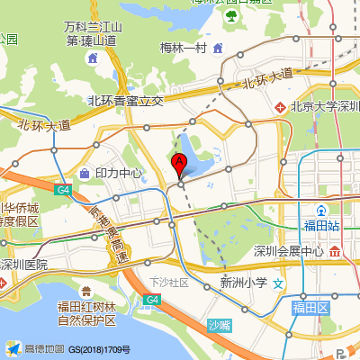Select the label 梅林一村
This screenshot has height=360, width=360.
click(x=184, y=48)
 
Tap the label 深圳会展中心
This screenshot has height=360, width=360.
click(x=288, y=250)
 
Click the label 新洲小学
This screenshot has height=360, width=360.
click(x=243, y=283)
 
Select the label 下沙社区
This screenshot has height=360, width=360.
click(x=170, y=282)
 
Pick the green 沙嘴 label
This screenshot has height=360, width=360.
click(x=219, y=324)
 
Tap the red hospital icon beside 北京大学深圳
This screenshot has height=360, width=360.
click(x=280, y=106)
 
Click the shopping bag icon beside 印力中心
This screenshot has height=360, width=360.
click(x=84, y=172)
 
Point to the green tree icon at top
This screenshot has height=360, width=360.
click(x=231, y=15)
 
